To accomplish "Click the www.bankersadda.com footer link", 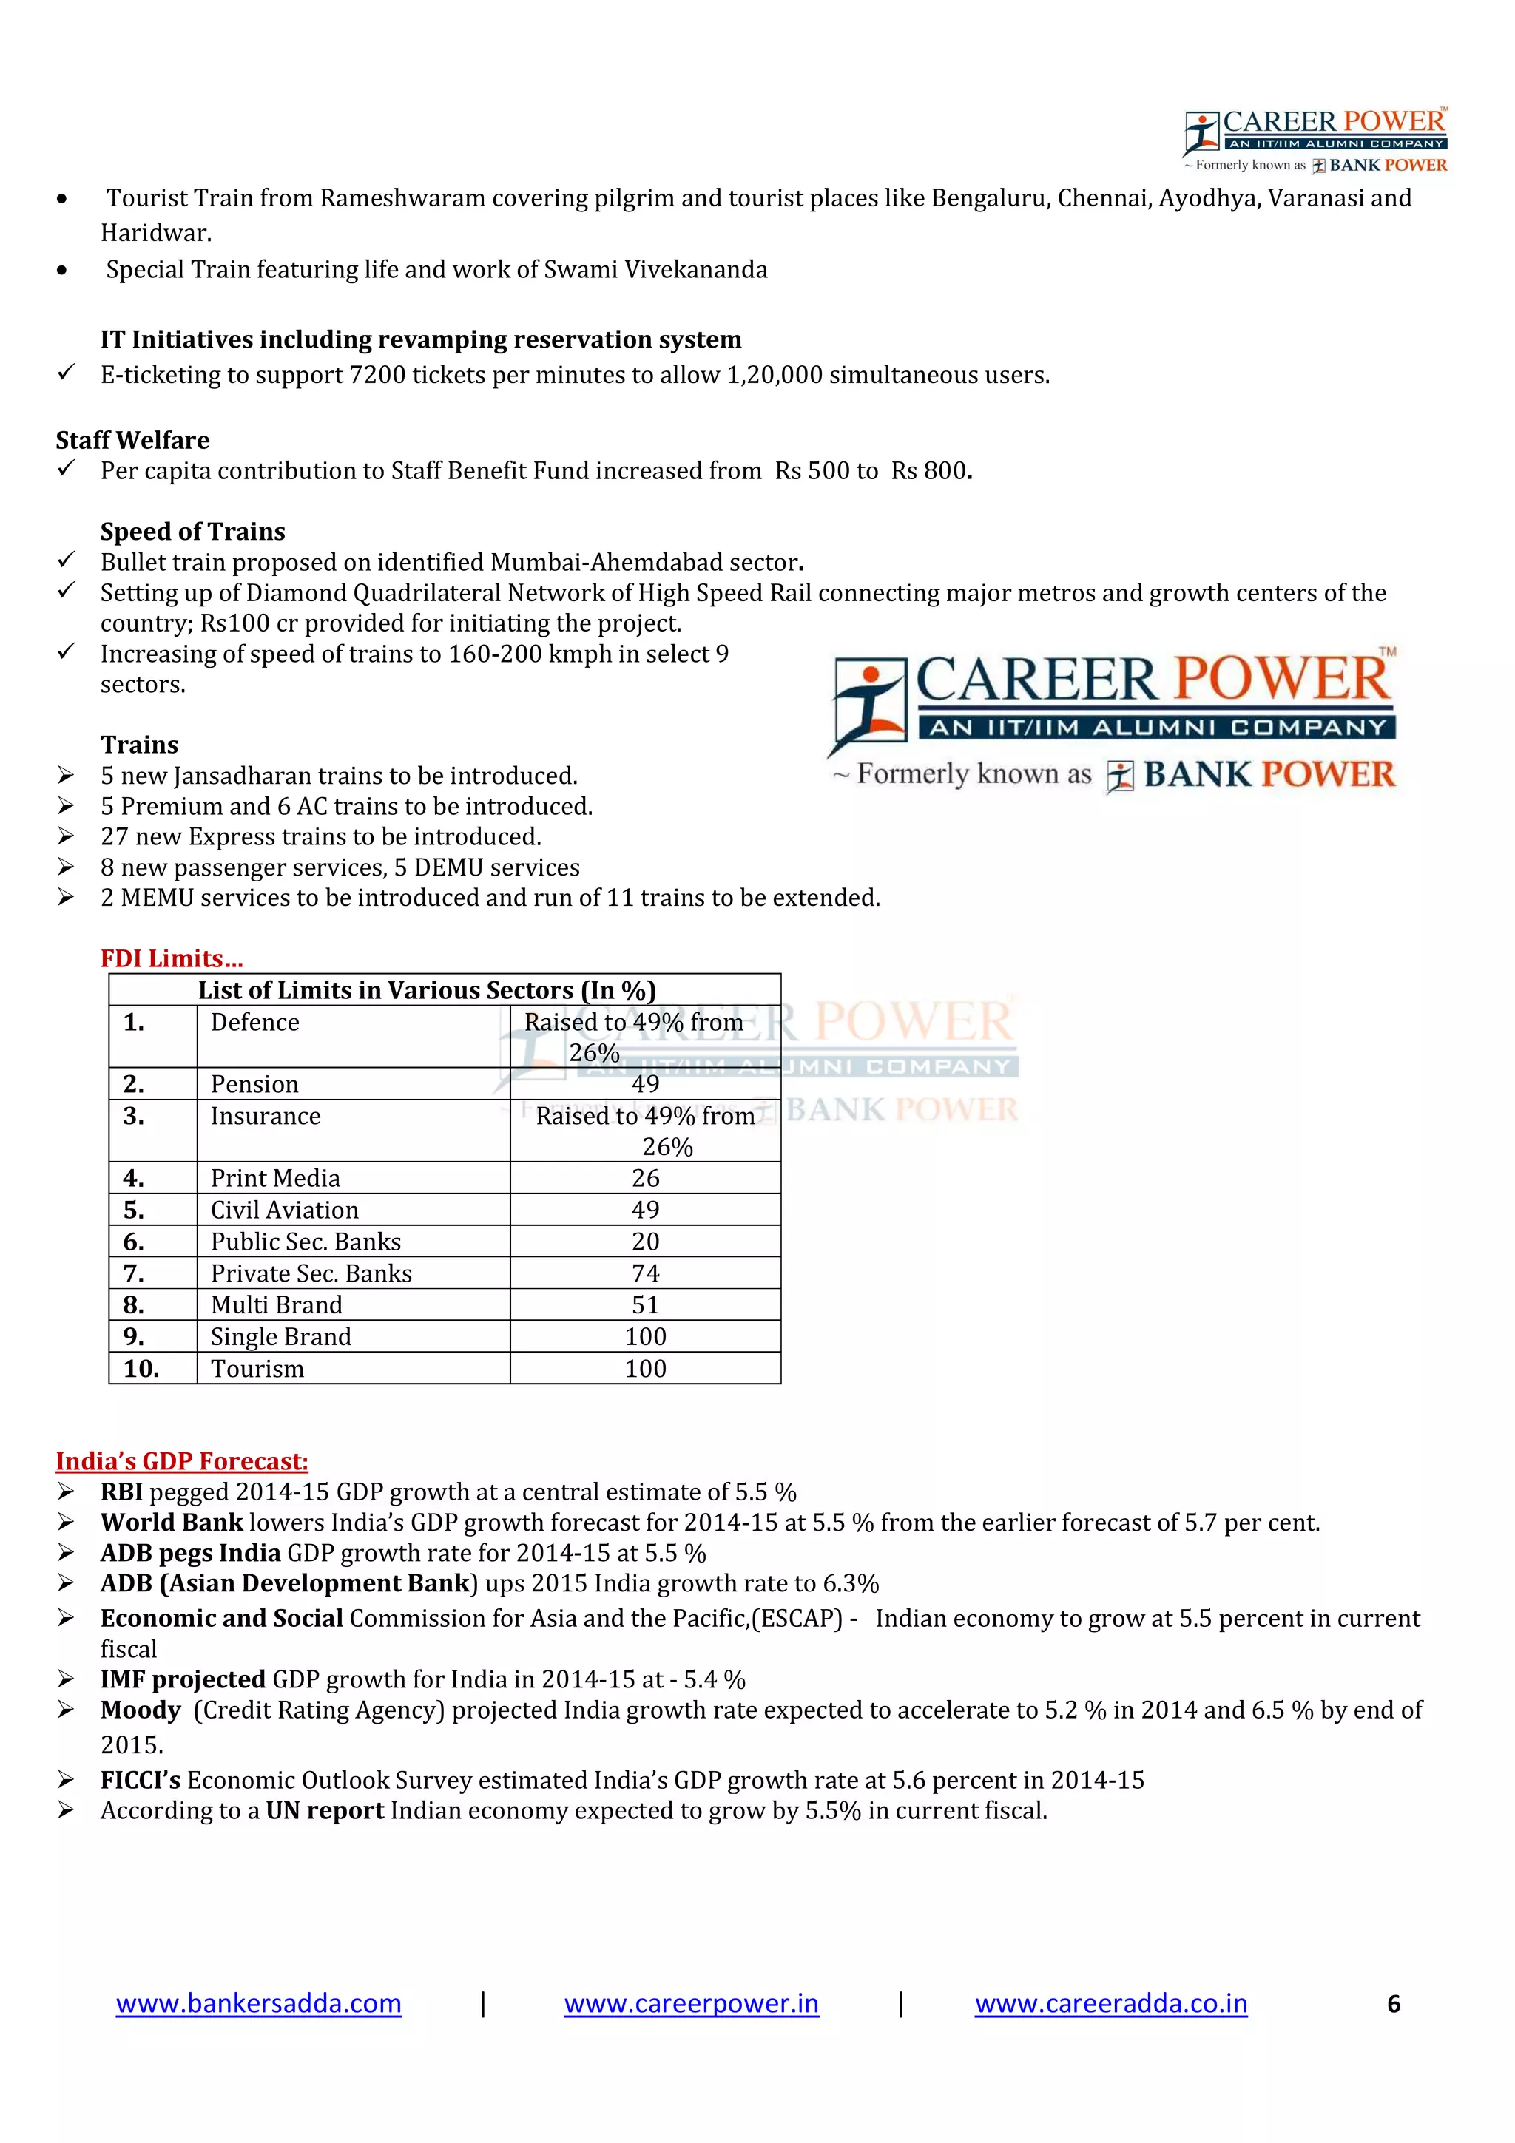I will (x=259, y=2003).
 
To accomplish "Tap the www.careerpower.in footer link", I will (x=691, y=2003).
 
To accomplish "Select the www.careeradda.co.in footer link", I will (x=1111, y=2003).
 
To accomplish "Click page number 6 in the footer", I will (x=1393, y=2004).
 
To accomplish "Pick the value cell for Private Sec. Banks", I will (x=645, y=1273).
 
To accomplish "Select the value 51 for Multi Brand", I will (x=645, y=1305).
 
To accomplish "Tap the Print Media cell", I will (x=275, y=1178).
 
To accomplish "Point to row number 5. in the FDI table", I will (x=133, y=1210).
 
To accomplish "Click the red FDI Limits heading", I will (x=172, y=958).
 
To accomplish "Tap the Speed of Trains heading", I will (x=193, y=531).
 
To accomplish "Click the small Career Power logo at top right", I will (x=1315, y=140).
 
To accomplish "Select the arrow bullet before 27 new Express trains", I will (x=65, y=836).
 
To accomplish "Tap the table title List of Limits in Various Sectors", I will (x=427, y=989).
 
